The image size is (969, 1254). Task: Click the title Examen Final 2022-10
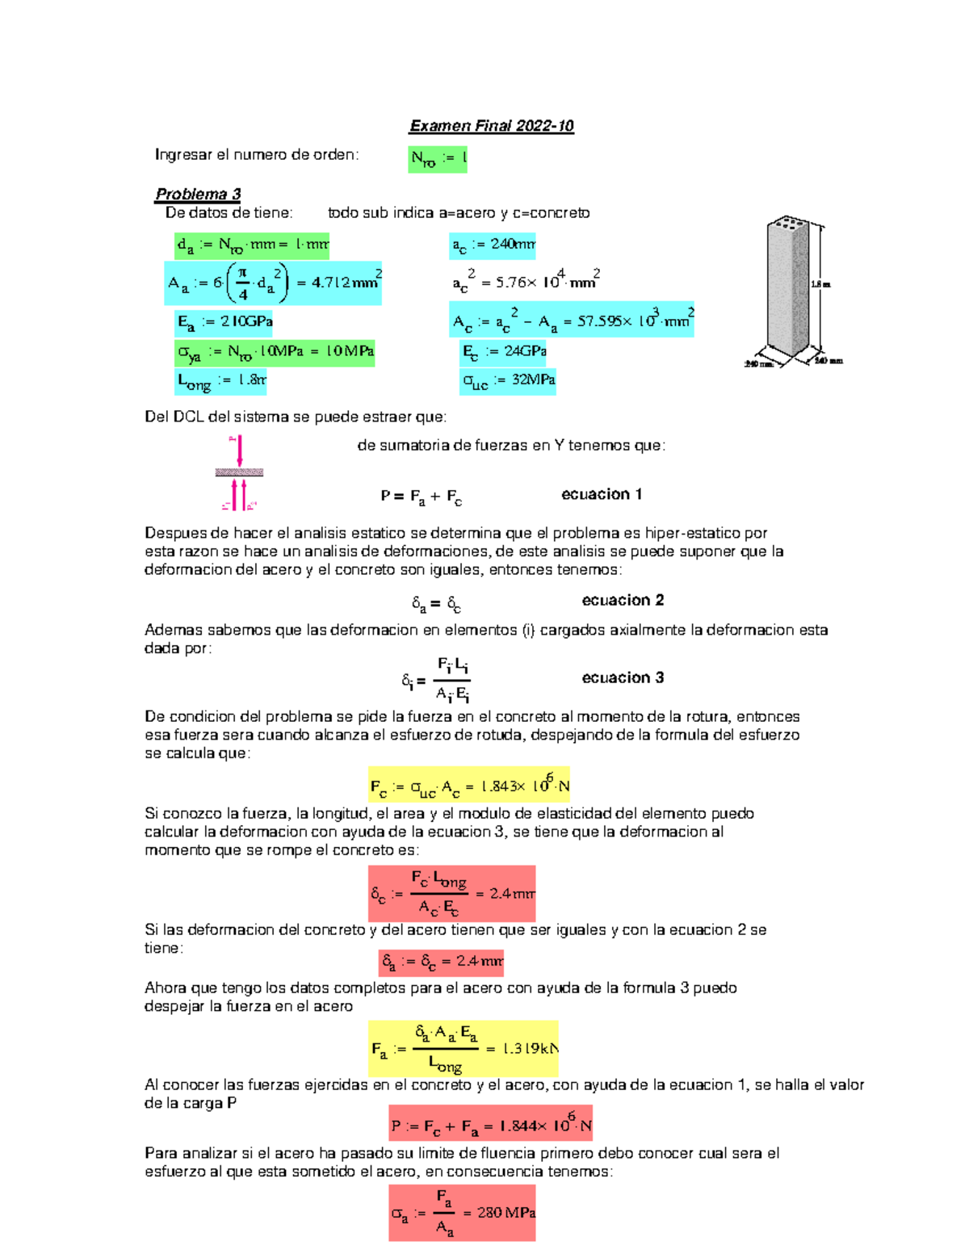tap(491, 126)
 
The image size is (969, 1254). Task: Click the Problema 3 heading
tap(198, 195)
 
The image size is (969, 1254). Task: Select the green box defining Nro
tap(438, 159)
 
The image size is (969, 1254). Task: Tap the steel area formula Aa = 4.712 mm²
tap(273, 283)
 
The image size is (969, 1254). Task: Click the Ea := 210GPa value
tap(224, 322)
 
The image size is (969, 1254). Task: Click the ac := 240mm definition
tap(493, 245)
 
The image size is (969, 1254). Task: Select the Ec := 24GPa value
tap(504, 351)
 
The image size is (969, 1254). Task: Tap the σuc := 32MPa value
tap(508, 380)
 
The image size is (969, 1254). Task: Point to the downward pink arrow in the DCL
tap(239, 450)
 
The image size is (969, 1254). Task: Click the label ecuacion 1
tap(602, 494)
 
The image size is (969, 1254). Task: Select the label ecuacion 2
tap(623, 600)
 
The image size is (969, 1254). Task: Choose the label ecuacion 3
tap(623, 677)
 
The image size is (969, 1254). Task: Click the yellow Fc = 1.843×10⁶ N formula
tap(468, 785)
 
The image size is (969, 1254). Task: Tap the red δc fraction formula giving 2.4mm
tap(451, 894)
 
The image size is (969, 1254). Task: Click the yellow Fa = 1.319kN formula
tap(464, 1048)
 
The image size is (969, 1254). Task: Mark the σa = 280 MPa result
tap(462, 1213)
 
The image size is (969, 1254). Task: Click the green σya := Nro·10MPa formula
tap(275, 352)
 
